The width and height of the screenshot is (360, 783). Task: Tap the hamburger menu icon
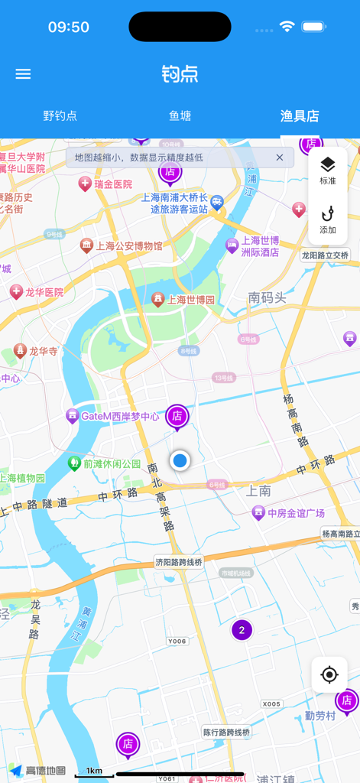23,74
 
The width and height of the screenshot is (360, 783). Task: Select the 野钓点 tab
60,116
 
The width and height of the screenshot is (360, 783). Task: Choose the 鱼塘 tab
180,116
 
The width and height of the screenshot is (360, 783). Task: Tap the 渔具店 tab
300,116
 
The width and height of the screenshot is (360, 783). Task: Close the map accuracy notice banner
280,158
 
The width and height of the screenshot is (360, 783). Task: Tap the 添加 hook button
328,219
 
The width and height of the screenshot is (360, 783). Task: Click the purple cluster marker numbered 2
242,630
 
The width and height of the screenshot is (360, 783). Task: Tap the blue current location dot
180,460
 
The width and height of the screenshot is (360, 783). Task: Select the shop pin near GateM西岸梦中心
177,416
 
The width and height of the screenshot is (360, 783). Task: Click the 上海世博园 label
191,300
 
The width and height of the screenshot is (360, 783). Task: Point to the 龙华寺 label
43,351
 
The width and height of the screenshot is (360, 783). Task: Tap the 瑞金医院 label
112,184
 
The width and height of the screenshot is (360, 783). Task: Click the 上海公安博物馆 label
128,245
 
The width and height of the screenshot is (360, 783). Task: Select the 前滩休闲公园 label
112,463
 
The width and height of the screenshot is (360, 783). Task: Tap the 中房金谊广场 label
297,512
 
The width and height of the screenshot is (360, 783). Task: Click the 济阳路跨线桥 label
179,562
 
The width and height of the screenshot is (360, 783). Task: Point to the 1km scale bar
94,772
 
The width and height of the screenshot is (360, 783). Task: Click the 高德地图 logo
38,771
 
